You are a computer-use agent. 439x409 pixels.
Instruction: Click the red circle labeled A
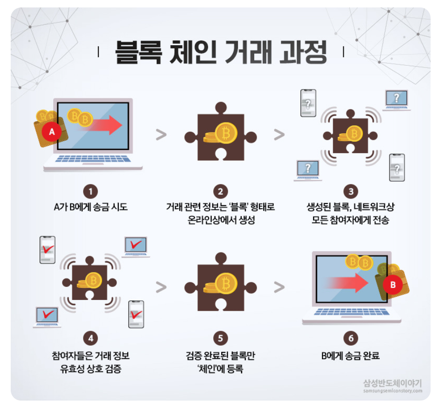[52, 132]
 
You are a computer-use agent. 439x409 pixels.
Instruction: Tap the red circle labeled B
[393, 285]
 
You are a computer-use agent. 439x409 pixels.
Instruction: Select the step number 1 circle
[91, 191]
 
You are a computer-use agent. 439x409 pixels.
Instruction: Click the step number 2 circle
[220, 191]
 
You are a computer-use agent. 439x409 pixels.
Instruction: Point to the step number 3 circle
[351, 191]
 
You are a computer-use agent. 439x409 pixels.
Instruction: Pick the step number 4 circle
[91, 338]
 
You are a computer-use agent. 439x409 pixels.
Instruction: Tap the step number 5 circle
[220, 338]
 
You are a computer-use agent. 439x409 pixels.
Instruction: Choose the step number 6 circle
[351, 338]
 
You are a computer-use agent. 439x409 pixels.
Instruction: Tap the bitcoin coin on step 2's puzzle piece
[226, 133]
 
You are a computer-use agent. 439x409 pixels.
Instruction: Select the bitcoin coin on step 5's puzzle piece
[226, 284]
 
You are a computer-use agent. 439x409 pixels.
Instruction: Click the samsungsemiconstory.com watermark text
[392, 391]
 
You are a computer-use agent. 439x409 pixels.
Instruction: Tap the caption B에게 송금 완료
[350, 355]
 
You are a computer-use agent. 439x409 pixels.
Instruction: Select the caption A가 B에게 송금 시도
[91, 207]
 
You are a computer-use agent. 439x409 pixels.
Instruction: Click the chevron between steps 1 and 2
[161, 135]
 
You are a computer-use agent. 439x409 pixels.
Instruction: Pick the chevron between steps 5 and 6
[279, 287]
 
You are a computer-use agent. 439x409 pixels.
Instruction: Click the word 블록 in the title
[138, 52]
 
